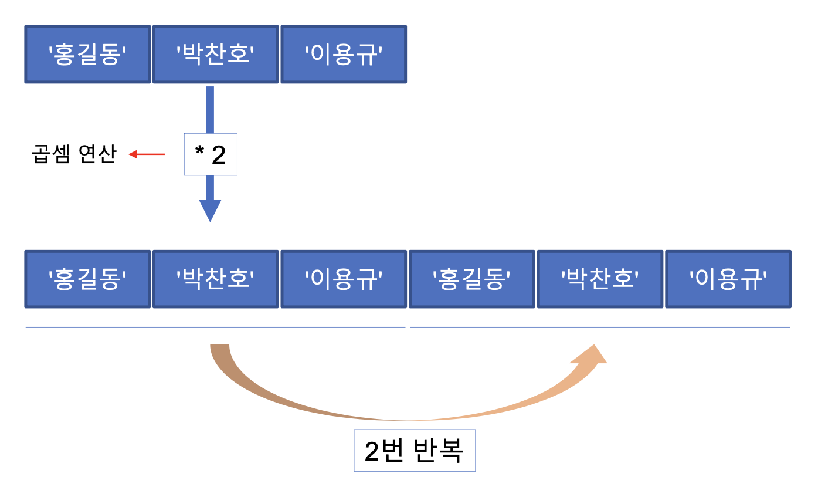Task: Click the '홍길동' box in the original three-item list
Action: [x=87, y=54]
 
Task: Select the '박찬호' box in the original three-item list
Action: [x=215, y=54]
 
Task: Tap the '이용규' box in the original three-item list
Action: [x=344, y=54]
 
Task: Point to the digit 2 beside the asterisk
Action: [x=218, y=156]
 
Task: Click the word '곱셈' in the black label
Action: [x=50, y=154]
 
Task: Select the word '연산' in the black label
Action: [x=96, y=154]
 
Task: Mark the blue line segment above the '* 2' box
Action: [x=210, y=109]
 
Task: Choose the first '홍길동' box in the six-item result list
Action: [x=87, y=279]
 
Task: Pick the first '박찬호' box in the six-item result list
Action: [x=215, y=279]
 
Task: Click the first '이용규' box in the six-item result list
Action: [x=344, y=279]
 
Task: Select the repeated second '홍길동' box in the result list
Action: [x=471, y=279]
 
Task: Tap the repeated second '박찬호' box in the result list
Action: [x=600, y=279]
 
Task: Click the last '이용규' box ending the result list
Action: [x=728, y=279]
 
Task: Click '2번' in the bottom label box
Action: [x=383, y=451]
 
